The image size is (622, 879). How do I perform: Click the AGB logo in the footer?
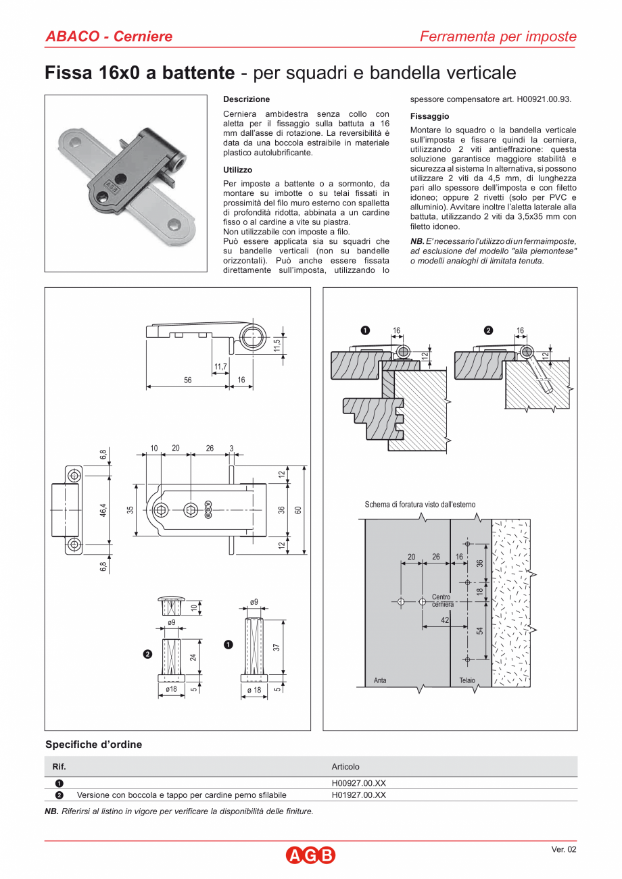point(310,855)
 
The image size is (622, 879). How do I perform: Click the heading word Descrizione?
point(246,99)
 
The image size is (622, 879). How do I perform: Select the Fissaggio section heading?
point(429,116)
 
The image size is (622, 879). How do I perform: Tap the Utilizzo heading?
point(237,170)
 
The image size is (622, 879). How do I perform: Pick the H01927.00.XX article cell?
point(358,795)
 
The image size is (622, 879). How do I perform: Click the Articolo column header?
point(345,767)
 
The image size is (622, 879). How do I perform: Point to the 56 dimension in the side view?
point(187,380)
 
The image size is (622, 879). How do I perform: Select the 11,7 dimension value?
point(220,367)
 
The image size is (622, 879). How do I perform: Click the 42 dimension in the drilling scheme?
point(445,620)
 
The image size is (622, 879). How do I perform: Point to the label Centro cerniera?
point(442,601)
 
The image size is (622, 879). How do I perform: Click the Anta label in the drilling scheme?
point(380,680)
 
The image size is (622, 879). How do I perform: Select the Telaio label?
point(466,680)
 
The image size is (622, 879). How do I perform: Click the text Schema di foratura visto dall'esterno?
point(420,505)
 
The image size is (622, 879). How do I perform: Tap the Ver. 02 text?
point(564,850)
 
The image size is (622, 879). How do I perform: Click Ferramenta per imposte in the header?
point(498,36)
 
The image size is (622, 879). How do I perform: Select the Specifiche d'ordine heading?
point(93,745)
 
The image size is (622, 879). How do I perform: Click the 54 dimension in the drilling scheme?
point(479,631)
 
